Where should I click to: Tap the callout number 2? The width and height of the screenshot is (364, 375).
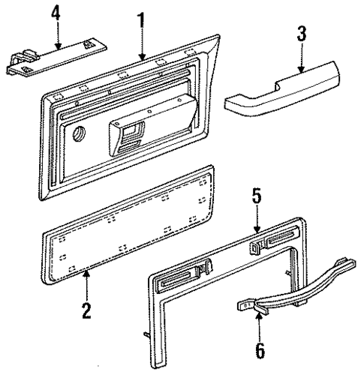coord(87,309)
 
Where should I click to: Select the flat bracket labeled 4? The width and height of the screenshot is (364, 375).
coord(64,54)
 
